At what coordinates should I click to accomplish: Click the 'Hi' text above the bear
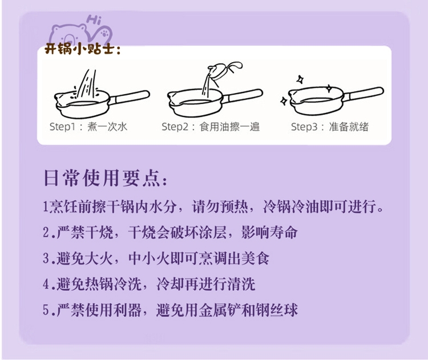click(x=94, y=20)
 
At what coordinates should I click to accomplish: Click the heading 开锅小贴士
click(x=82, y=49)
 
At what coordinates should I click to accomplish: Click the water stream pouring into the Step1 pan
click(x=87, y=84)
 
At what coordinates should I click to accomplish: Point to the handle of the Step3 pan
click(x=364, y=94)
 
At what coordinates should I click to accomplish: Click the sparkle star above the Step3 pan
click(x=301, y=79)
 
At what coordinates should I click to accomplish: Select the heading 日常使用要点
click(x=106, y=178)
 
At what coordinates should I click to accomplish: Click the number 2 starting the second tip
click(x=46, y=233)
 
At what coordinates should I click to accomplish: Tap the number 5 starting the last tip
click(x=46, y=310)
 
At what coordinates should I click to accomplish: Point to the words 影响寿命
click(x=269, y=233)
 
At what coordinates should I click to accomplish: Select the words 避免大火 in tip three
click(x=84, y=258)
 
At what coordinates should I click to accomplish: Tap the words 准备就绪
click(x=349, y=127)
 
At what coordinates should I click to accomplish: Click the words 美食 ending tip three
click(x=255, y=258)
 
